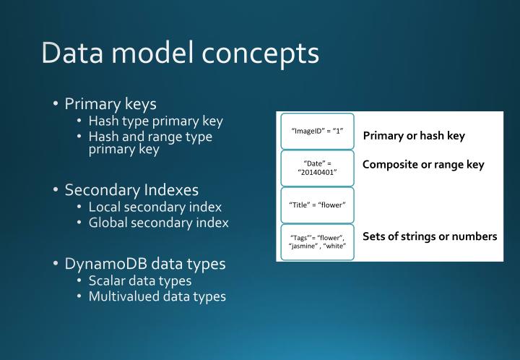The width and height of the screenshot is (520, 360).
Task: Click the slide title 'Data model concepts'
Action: pos(180,53)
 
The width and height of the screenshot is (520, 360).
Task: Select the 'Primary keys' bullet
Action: pos(110,103)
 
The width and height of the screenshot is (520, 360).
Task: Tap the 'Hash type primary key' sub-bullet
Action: pos(155,121)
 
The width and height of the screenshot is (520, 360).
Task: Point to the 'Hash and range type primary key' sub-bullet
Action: pos(150,142)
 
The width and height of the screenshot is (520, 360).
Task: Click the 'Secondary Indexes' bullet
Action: pos(131,190)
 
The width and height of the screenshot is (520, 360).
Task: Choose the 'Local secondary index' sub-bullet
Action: pos(155,207)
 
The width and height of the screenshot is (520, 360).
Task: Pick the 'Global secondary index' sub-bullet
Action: pos(158,223)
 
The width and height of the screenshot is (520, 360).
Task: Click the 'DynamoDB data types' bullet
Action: pos(145,263)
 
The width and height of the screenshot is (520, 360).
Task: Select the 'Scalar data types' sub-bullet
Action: pos(139,280)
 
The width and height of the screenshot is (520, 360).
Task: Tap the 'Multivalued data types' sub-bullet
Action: pos(157,296)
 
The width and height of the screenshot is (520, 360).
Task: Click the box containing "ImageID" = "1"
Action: pos(317,131)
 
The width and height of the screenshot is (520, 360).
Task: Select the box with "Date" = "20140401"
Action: pos(317,168)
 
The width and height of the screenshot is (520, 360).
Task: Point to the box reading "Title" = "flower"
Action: pos(317,205)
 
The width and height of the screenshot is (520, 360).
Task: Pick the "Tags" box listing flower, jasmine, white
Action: pos(317,242)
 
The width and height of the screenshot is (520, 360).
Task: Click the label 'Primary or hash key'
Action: pos(414,136)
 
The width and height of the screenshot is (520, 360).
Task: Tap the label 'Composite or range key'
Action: pos(423,165)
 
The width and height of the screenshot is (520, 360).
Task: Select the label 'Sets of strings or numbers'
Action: pos(430,236)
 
